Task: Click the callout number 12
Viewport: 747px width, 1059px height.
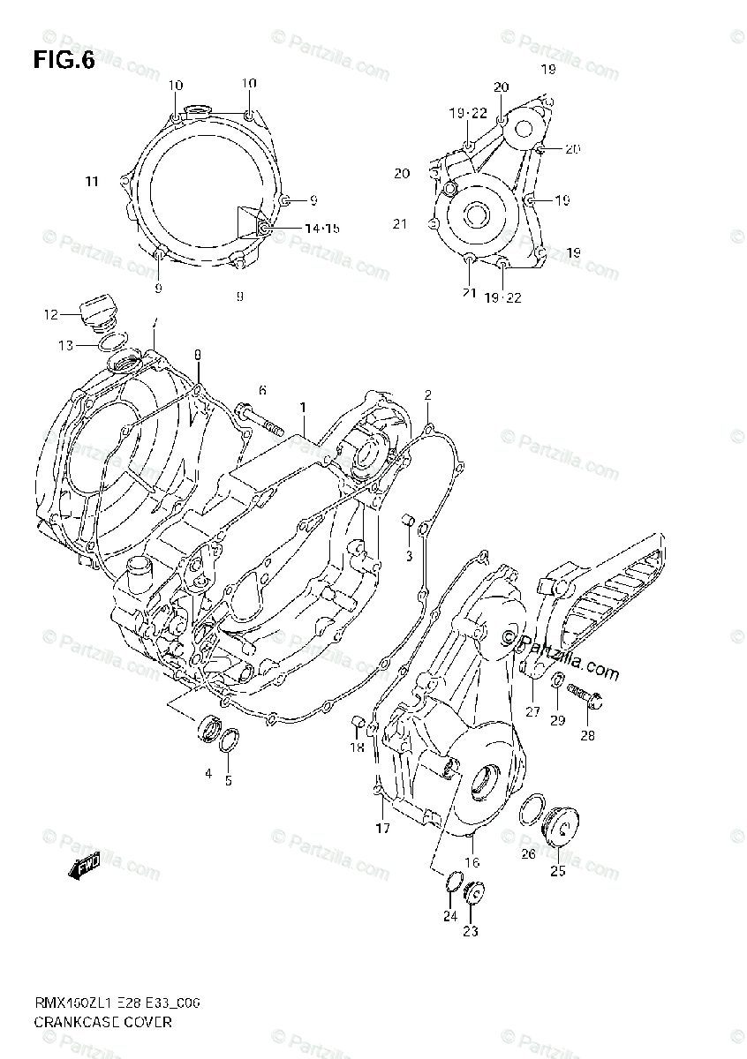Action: click(50, 313)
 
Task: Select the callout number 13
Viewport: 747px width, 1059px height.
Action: click(67, 345)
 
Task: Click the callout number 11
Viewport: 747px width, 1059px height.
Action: click(92, 182)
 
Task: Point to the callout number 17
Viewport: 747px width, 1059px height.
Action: click(382, 828)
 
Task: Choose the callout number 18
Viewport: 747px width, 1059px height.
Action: click(356, 747)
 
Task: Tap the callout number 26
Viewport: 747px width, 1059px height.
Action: click(527, 852)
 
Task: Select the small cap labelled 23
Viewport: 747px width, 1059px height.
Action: click(474, 892)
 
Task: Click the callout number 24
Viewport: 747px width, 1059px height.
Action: click(449, 916)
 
